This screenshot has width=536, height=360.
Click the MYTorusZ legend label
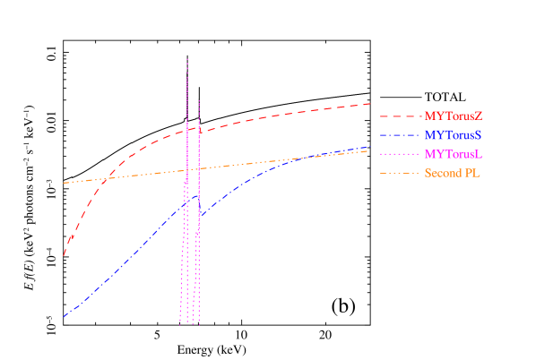454,116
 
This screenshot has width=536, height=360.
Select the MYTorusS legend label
454,135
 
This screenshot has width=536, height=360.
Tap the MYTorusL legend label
454,154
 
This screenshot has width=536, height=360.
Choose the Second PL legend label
453,173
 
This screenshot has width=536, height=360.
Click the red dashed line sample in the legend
399,116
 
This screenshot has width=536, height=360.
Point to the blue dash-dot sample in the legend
399,135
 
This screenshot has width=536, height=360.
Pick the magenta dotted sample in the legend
399,154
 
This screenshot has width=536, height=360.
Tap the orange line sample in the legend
399,173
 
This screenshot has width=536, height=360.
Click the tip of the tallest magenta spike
187,59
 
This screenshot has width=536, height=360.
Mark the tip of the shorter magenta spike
199,99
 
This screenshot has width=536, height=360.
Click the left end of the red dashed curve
64,256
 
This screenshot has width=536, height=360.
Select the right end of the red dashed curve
370,104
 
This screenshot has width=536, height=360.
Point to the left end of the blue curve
64,316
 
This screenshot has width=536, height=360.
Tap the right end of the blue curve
369,147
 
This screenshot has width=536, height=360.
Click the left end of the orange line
64,183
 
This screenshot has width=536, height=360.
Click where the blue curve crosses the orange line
305,158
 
